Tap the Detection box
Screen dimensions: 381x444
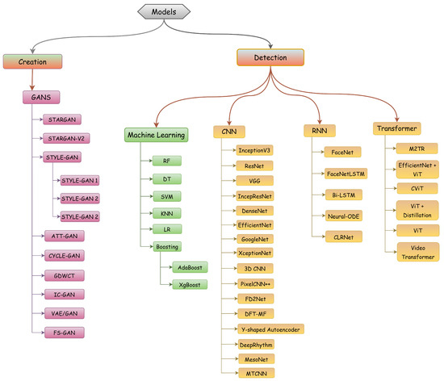pyautogui.click(x=269, y=57)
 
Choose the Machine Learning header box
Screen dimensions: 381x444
pyautogui.click(x=156, y=135)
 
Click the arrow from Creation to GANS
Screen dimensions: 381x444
pyautogui.click(x=31, y=80)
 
